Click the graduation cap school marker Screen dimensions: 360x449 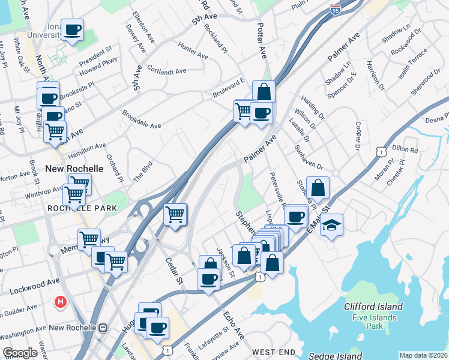tap(331, 226)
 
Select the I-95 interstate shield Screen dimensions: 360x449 tap(336, 10)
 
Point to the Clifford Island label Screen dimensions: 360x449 tap(373, 307)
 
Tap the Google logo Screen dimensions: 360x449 tap(20, 353)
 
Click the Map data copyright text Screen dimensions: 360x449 tap(424, 355)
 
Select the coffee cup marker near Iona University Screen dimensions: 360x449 tap(72, 30)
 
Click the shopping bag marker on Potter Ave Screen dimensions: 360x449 tap(264, 92)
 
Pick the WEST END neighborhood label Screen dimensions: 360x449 tap(274, 351)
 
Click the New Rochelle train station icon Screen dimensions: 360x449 tap(103, 328)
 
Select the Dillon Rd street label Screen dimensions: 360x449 tap(405, 149)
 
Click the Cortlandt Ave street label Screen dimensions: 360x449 tap(166, 71)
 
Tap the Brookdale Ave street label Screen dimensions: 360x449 tap(142, 119)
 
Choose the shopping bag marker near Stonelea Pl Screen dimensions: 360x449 tap(318, 188)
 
